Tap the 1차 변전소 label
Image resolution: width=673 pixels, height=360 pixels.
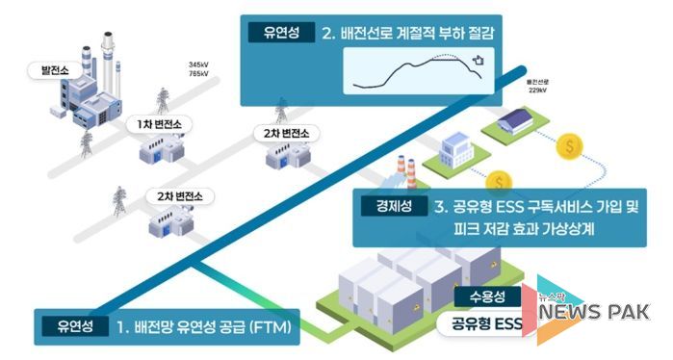coord(160,124)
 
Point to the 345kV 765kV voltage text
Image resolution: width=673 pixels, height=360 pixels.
coord(200,70)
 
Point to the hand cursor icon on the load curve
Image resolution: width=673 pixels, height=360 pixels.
coord(477,63)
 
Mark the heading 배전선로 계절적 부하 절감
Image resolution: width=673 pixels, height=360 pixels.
coord(414,34)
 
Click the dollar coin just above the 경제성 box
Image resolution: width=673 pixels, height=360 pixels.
coord(500,180)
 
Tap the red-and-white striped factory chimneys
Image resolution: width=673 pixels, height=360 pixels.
coord(404,178)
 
